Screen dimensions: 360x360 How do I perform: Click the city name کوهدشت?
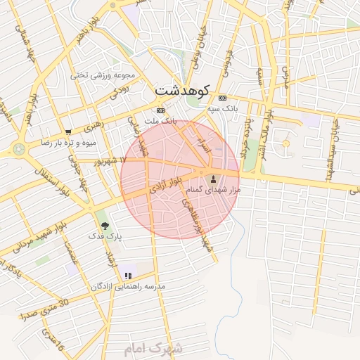(182, 91)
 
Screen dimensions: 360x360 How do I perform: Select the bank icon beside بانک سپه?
(223, 98)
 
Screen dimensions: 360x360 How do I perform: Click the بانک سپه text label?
(223, 110)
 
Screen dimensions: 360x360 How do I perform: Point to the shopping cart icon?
(67, 131)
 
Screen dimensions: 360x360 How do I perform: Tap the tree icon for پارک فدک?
(105, 226)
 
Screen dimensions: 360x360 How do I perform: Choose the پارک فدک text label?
(105, 238)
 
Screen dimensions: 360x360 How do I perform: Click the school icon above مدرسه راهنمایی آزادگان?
(128, 276)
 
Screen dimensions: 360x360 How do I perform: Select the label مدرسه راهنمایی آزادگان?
(128, 288)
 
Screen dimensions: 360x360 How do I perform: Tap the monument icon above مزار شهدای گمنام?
(214, 179)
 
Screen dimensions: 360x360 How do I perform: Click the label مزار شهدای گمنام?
(214, 191)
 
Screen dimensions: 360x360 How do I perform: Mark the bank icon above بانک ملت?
(161, 110)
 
